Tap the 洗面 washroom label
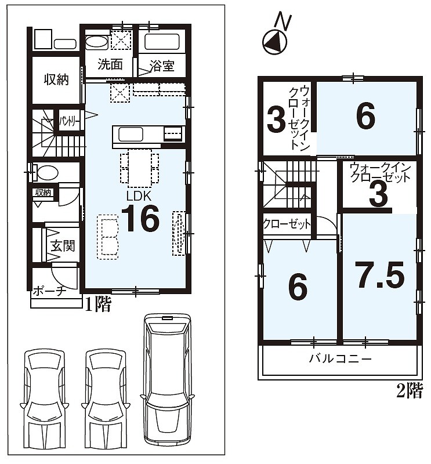tap(110, 64)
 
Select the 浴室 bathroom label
tap(162, 66)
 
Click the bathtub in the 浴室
tap(162, 41)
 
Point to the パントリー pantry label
tap(70, 121)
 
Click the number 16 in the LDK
tap(140, 219)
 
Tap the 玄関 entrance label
tap(63, 246)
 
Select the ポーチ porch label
tap(49, 292)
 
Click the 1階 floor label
tap(98, 304)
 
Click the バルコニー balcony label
tap(340, 359)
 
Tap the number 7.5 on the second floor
tap(381, 275)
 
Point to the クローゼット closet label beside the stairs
tap(287, 224)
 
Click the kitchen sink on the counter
tap(131, 135)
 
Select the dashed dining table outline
tap(139, 168)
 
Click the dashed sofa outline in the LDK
tap(108, 237)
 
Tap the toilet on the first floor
tap(46, 172)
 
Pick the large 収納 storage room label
tap(56, 79)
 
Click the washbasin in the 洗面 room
tap(97, 42)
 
